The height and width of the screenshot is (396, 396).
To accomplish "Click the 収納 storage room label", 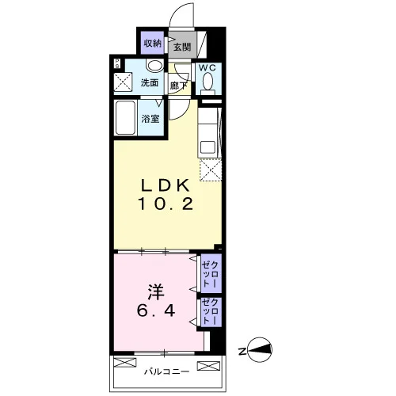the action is click(153, 44).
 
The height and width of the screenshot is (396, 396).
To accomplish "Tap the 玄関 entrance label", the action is click(182, 48).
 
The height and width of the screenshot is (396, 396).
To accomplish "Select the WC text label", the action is click(208, 68).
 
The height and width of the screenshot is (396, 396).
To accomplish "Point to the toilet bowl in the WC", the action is click(208, 80).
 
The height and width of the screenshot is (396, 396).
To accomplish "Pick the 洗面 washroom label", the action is click(150, 82).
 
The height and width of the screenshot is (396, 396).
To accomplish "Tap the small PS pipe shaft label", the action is click(117, 63).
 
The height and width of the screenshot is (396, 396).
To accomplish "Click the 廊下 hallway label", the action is click(178, 86).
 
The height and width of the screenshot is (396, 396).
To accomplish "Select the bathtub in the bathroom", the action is click(126, 118).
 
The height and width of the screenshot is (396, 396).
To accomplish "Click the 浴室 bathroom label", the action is click(150, 119).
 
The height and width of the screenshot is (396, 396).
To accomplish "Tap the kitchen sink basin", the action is click(208, 147).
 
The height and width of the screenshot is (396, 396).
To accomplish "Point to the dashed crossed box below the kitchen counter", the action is click(211, 170).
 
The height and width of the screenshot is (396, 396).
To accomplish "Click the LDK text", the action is click(166, 185).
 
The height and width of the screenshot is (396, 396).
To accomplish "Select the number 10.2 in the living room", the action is click(166, 204).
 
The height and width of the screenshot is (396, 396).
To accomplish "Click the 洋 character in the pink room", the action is click(156, 292).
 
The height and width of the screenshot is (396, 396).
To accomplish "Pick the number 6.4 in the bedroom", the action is click(156, 310).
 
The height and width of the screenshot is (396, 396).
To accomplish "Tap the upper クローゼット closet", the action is click(211, 273).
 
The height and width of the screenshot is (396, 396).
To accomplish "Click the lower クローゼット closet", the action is click(211, 312).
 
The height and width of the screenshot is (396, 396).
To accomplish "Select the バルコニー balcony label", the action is click(167, 371).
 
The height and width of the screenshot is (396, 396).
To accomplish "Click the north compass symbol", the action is click(260, 350).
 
